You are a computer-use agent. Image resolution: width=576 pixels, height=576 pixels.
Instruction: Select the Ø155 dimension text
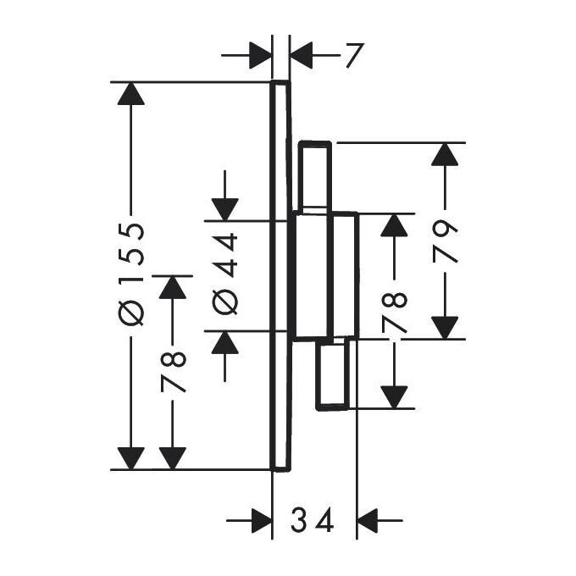(132, 275)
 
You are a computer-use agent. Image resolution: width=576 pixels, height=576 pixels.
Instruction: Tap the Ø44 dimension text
(226, 275)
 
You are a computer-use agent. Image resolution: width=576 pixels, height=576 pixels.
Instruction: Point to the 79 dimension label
(444, 241)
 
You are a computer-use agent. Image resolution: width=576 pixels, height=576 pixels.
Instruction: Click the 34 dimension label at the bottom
(313, 518)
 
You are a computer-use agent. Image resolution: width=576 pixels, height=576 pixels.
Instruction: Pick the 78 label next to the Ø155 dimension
(174, 373)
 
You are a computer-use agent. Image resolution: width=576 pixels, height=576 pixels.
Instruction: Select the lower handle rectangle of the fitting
(332, 374)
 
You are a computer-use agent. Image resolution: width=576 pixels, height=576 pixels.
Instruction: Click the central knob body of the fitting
(324, 275)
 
